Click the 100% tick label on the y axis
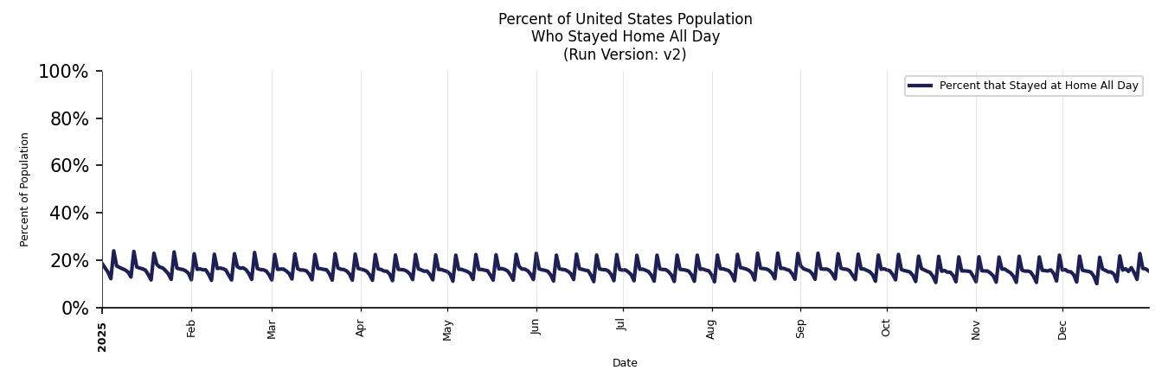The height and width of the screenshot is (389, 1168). pos(63,72)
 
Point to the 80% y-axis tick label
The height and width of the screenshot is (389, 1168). pos(69,119)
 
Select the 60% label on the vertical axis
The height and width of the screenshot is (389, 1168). pos(69,166)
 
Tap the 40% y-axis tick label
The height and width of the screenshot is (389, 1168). pos(69,214)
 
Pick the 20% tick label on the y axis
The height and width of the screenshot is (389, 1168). pos(69,261)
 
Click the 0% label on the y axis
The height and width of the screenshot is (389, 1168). pos(74,309)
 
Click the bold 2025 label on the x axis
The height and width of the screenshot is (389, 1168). pos(102,336)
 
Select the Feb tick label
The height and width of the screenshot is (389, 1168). pos(191,328)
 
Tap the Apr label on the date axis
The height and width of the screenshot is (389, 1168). pos(361,328)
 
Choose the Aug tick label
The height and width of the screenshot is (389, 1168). pos(711,329)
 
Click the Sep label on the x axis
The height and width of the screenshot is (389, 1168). pos(800,328)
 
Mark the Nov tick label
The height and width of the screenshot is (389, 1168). pos(976,329)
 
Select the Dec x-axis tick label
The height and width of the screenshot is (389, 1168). pos(1062,329)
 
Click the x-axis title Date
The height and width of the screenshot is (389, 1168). pos(625,363)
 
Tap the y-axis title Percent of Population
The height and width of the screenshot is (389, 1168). pos(25,189)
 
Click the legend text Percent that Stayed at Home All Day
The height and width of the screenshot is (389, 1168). pos(1038,86)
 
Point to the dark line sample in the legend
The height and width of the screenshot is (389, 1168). pos(920,86)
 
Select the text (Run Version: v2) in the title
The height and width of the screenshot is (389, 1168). pos(625,54)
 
